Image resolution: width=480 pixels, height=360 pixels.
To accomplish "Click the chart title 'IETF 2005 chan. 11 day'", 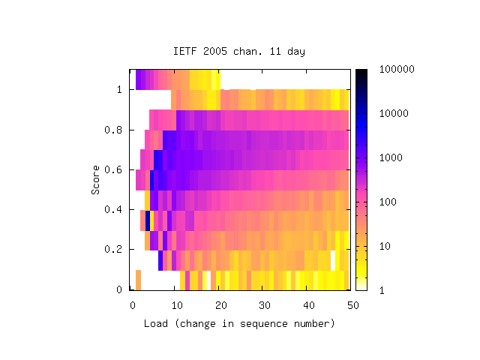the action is tap(239, 51).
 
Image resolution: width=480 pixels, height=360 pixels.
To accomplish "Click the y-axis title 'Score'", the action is tap(95, 180).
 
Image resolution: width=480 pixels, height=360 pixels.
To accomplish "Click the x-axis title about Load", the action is tap(239, 323).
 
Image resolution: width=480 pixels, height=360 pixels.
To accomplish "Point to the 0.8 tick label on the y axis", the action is tap(113, 130).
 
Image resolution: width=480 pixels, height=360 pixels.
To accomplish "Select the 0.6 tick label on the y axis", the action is tap(113, 170).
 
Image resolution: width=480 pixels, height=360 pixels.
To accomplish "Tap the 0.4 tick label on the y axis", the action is tap(113, 210).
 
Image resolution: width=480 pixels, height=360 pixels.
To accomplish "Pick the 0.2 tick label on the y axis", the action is tap(113, 249).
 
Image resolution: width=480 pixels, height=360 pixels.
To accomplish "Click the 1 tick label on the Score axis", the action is tap(119, 90).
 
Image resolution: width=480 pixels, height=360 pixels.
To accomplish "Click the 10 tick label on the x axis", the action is tap(177, 305).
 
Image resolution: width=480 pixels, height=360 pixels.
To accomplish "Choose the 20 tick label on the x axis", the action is tap(221, 305).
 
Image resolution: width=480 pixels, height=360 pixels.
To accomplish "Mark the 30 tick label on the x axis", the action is tap(265, 305).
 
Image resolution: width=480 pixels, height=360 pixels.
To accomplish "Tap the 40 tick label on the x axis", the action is tap(309, 305).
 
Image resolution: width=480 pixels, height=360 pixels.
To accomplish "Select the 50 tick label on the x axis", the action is tap(353, 305).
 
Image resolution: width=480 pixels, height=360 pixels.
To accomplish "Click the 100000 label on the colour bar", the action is tap(397, 69).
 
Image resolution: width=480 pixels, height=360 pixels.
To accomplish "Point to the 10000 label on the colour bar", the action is tap(394, 113).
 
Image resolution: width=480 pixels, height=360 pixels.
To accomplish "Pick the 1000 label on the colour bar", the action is tap(391, 157).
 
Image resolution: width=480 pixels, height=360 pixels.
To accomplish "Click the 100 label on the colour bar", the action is tap(388, 202).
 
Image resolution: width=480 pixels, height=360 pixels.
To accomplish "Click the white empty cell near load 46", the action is tap(333, 260).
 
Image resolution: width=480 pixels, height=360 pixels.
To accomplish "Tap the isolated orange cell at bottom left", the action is tap(138, 280).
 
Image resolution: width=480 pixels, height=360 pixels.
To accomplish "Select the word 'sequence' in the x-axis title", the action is tap(264, 324).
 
